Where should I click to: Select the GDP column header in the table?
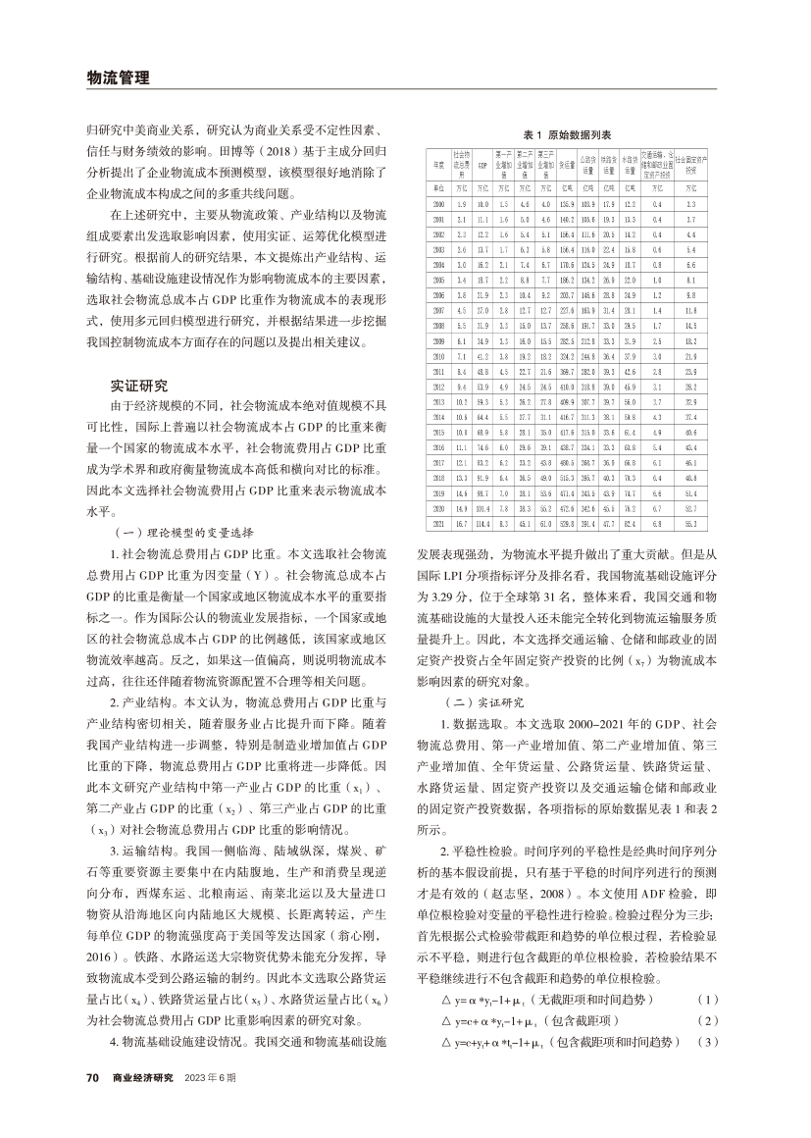tap(482, 167)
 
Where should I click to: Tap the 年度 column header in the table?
tap(439, 167)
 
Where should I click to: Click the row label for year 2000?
tap(439, 203)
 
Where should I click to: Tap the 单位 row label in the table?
tap(439, 186)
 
